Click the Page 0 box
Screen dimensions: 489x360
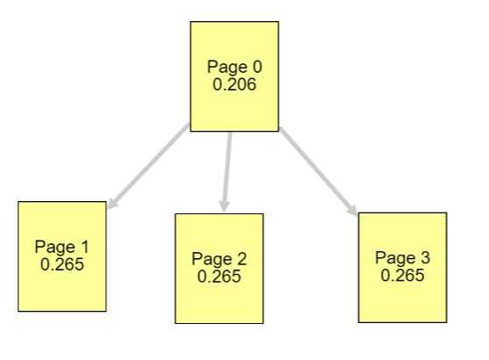234,76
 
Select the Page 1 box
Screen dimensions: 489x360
62,256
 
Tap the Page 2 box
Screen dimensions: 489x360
219,269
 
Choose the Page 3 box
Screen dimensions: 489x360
403,268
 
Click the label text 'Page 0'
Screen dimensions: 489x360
234,67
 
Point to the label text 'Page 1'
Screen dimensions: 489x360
62,247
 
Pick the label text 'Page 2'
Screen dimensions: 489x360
219,259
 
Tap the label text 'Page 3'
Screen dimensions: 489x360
403,258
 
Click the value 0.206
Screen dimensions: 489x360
234,84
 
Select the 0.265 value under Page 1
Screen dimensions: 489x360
62,264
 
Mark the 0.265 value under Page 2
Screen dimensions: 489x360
219,277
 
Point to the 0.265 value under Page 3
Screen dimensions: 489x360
403,276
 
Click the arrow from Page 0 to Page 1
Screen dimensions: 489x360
148,166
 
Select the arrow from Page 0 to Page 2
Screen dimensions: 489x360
227,172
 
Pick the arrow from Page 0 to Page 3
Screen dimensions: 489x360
319,171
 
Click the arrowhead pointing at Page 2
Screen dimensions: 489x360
224,207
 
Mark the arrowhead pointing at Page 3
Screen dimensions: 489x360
353,210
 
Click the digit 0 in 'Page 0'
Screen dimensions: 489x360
257,67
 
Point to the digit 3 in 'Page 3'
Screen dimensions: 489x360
426,258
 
